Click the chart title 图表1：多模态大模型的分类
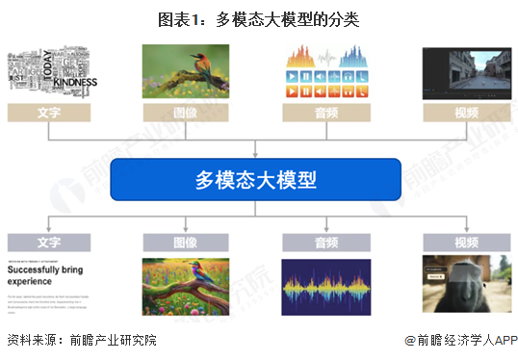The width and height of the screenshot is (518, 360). pyautogui.click(x=258, y=19)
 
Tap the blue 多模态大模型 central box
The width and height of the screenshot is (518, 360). pyautogui.click(x=256, y=179)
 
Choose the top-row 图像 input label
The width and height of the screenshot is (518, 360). pyautogui.click(x=186, y=113)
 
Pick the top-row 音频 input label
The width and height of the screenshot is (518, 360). pyautogui.click(x=324, y=113)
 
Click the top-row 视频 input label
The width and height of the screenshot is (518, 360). pyautogui.click(x=465, y=113)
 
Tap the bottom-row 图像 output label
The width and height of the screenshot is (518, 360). pyautogui.click(x=186, y=243)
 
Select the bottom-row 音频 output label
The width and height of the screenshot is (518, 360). pyautogui.click(x=324, y=243)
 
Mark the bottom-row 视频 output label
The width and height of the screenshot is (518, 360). pyautogui.click(x=465, y=243)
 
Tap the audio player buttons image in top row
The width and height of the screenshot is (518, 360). pyautogui.click(x=324, y=72)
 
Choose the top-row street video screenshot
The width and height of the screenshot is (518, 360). pyautogui.click(x=465, y=72)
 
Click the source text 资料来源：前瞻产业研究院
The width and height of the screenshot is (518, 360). pyautogui.click(x=81, y=341)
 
